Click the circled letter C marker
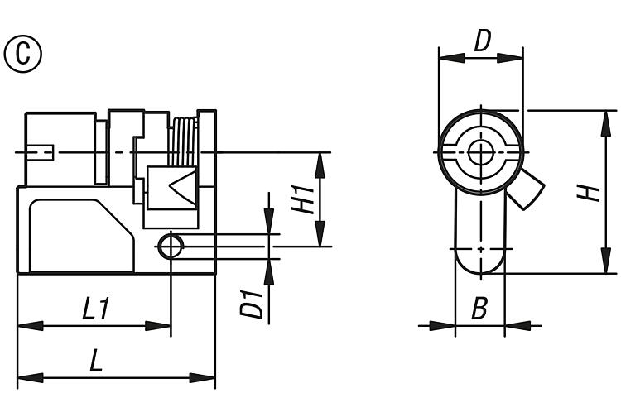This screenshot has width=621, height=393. tap(23, 54)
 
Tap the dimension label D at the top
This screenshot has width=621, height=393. tap(483, 41)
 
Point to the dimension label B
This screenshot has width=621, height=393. tap(479, 308)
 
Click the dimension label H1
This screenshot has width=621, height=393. tap(303, 200)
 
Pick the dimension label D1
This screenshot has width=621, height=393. tap(252, 304)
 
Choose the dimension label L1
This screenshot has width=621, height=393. tap(95, 309)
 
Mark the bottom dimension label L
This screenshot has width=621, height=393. tap(96, 360)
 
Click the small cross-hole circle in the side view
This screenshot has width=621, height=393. tap(171, 247)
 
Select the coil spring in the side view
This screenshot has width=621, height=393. tap(183, 141)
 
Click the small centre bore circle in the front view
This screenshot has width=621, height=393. tap(481, 152)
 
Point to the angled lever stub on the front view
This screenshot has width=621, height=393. tap(526, 189)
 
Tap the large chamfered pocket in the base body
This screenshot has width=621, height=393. tap(82, 236)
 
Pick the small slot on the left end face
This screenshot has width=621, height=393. tap(41, 152)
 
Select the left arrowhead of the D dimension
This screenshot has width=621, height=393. tap(452, 58)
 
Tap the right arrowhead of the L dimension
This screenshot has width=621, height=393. tap(202, 377)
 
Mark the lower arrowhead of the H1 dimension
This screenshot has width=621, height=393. tap(320, 234)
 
